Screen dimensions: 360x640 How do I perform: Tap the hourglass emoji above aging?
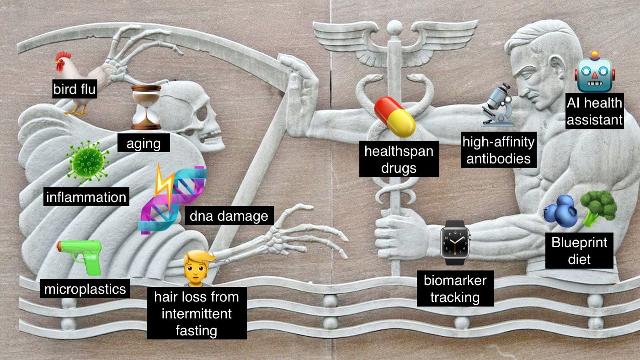click(146, 107)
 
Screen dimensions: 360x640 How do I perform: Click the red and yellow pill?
click(395, 116)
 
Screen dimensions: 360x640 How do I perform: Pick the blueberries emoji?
click(560, 211)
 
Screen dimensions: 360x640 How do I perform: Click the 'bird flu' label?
click(75, 89)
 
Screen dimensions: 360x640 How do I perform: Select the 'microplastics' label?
click(85, 289)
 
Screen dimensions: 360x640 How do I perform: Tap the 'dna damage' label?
click(229, 215)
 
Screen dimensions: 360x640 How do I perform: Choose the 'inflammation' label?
click(86, 197)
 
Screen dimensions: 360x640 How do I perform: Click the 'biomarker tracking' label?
click(455, 289)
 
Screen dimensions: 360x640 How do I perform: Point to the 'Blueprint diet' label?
click(579, 251)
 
